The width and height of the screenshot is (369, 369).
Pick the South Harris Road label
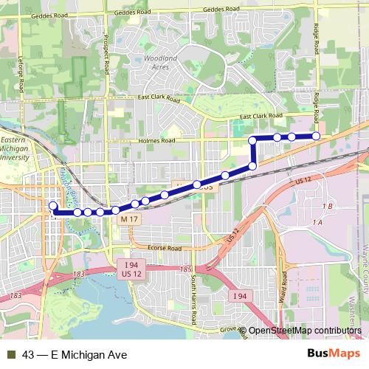(194, 300)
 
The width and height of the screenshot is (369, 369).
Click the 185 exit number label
(185, 270)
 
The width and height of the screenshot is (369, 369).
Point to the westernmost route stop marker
(52, 205)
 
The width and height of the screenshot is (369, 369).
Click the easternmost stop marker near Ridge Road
(316, 136)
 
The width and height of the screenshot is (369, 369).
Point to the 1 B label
(328, 205)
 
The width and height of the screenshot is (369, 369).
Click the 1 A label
(319, 222)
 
